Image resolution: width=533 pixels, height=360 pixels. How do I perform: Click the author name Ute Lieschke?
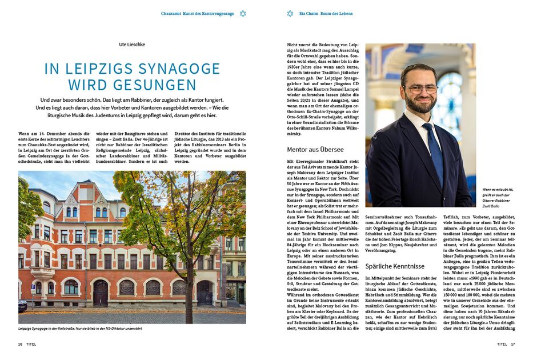click(132, 43)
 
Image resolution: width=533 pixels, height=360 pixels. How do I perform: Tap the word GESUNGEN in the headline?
click(154, 85)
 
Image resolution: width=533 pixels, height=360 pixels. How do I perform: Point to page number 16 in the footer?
click(20, 345)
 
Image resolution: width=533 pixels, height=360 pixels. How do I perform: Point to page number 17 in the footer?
click(513, 345)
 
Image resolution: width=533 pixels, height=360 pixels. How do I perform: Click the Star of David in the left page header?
click(243, 13)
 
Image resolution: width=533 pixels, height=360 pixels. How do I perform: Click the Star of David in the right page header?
click(290, 13)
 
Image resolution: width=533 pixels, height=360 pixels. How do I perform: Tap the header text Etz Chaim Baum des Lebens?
click(326, 13)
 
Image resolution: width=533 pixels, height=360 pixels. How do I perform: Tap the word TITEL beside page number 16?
click(31, 345)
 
